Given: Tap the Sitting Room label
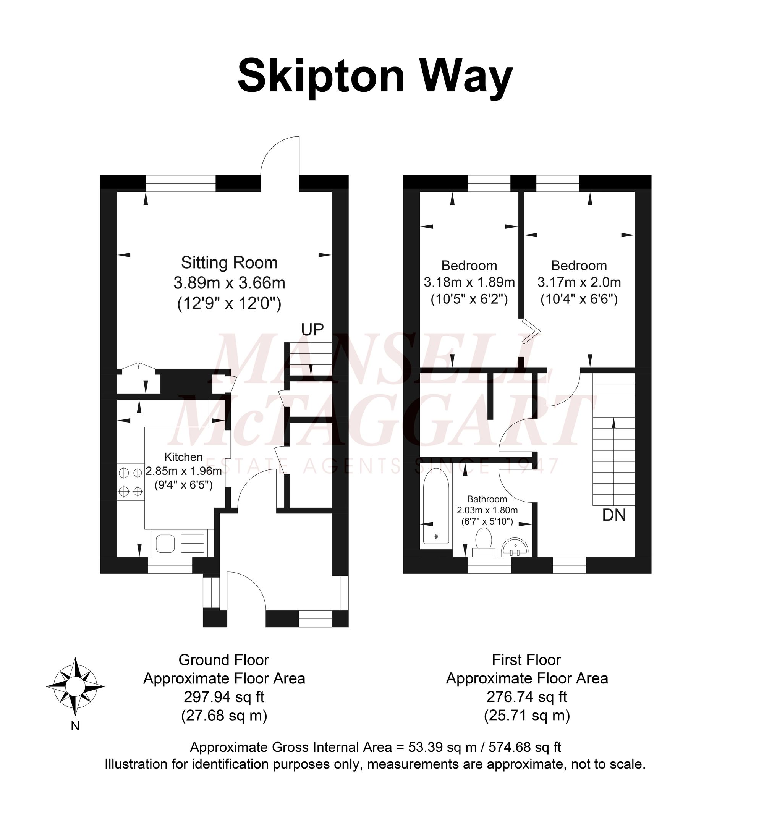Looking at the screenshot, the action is click(229, 263).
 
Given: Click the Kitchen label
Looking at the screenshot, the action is click(183, 457).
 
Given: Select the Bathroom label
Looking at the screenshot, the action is click(487, 499).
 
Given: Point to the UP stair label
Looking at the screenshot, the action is click(312, 329).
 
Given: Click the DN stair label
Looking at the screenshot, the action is click(614, 515).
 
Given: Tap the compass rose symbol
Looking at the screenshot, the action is click(75, 685).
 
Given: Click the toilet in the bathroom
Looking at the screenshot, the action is click(484, 542).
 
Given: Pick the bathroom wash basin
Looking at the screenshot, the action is click(515, 547).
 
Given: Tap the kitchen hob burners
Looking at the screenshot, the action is click(130, 482).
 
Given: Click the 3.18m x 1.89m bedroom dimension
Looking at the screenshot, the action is click(469, 282).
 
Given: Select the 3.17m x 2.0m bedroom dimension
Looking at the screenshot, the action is click(579, 282).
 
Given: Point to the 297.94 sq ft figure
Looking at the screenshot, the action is click(224, 697).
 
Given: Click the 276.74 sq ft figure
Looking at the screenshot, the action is click(527, 697).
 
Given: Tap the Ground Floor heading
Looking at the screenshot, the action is click(224, 660).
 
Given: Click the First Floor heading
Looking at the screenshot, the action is click(526, 660).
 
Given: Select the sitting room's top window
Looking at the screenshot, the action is click(181, 183).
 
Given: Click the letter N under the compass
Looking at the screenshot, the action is click(75, 726).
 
